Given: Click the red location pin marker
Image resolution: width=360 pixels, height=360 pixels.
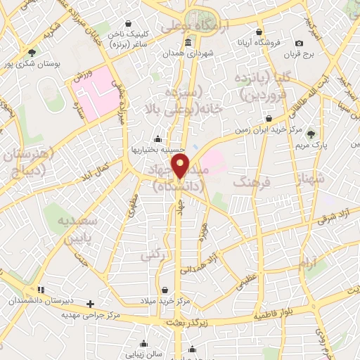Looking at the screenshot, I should click(181, 166).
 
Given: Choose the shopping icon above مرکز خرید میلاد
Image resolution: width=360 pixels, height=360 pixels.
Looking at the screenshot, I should click(165, 289).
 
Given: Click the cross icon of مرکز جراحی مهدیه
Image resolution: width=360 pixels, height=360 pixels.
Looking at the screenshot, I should click(90, 304).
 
